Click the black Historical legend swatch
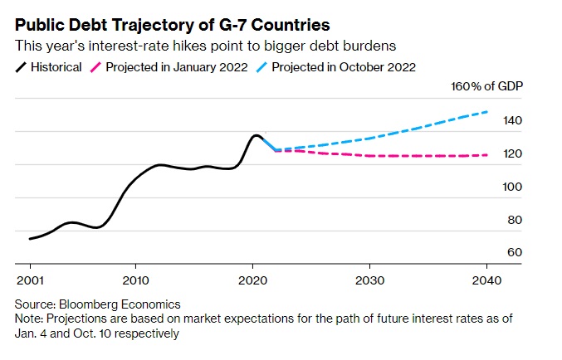click(24, 67)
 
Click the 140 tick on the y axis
click(511, 121)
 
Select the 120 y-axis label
click(511, 154)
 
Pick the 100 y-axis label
click(511, 187)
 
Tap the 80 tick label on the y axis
click(515, 220)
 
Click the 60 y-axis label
click(515, 252)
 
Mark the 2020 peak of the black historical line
click(256, 135)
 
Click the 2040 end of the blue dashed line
click(486, 112)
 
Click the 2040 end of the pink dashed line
click(486, 155)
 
